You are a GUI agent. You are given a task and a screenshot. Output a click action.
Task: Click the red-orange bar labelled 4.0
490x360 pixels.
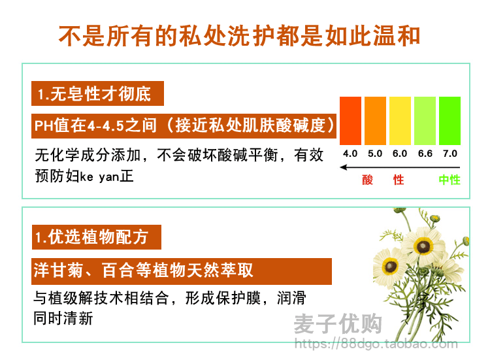(350, 121)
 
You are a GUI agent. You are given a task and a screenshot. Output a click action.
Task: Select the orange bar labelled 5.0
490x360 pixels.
(375, 121)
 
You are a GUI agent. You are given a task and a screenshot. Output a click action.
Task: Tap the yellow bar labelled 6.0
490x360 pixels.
(400, 121)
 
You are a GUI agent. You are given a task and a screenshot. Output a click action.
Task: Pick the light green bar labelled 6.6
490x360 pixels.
(425, 121)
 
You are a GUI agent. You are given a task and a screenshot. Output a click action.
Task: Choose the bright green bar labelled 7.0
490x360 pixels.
(449, 121)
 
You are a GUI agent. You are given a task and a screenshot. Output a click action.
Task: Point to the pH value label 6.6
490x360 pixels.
(425, 154)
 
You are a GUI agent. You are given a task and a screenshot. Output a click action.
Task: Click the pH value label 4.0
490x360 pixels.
(350, 154)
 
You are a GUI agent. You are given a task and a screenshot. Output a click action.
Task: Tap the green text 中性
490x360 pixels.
(449, 180)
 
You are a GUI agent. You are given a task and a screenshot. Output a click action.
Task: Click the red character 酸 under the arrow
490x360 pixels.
(367, 180)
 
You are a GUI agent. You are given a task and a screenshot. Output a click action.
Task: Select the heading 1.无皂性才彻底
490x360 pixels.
(94, 93)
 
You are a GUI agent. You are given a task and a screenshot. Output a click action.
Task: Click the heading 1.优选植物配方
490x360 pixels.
(91, 237)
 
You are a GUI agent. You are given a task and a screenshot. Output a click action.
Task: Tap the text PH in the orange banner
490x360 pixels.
(43, 126)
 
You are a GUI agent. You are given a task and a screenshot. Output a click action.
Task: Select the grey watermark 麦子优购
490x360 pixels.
(338, 324)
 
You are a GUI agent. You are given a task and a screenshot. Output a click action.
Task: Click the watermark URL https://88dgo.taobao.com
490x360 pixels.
(376, 344)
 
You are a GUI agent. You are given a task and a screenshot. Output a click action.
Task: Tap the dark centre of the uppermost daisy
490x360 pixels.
(423, 246)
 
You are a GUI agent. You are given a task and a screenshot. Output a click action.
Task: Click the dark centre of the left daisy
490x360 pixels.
(391, 267)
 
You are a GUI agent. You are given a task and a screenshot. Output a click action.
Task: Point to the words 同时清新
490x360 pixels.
(63, 318)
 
